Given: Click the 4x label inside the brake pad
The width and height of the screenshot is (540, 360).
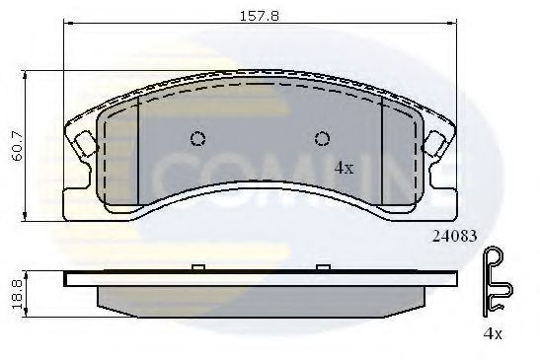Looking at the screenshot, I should [344, 168].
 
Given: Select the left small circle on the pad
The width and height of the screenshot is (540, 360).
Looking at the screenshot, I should [197, 138].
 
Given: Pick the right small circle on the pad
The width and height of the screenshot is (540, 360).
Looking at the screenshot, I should [321, 138].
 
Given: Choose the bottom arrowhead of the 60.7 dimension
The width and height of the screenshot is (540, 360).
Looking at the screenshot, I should [25, 216].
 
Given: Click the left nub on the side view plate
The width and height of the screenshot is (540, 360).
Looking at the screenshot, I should [197, 267].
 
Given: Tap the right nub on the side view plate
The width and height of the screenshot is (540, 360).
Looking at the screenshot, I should [321, 267].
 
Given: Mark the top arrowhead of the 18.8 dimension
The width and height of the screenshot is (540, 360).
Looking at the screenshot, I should [25, 274].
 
